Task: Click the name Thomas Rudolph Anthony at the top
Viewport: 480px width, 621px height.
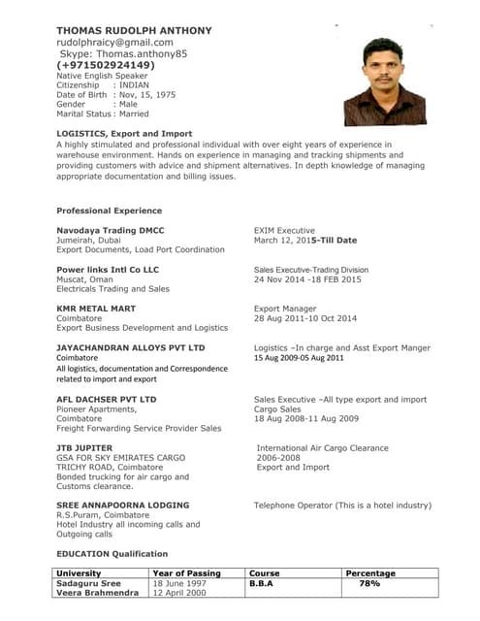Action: point(134,31)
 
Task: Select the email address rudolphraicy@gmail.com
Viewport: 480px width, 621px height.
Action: point(114,43)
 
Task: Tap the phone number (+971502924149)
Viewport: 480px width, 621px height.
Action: point(106,65)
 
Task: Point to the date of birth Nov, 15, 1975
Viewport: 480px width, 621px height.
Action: point(145,94)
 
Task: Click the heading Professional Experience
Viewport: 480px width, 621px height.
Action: point(109,211)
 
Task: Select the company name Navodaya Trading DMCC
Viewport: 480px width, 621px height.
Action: point(111,230)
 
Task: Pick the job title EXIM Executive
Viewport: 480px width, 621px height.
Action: point(284,230)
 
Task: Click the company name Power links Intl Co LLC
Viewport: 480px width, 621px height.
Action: point(108,269)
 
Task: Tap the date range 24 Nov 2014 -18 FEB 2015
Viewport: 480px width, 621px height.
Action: point(307,279)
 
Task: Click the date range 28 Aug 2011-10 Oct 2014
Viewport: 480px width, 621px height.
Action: point(305,318)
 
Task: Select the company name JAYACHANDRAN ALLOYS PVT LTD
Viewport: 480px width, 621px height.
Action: point(131,346)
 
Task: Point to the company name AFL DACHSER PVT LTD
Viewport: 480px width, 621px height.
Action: point(107,399)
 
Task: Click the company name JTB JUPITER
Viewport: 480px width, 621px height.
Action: point(84,447)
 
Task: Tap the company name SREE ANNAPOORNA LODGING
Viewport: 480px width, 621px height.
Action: point(123,506)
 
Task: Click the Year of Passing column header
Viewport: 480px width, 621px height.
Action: point(187,573)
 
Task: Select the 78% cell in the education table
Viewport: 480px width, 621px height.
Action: point(369,584)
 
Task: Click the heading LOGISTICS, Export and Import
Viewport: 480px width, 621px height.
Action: point(124,133)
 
